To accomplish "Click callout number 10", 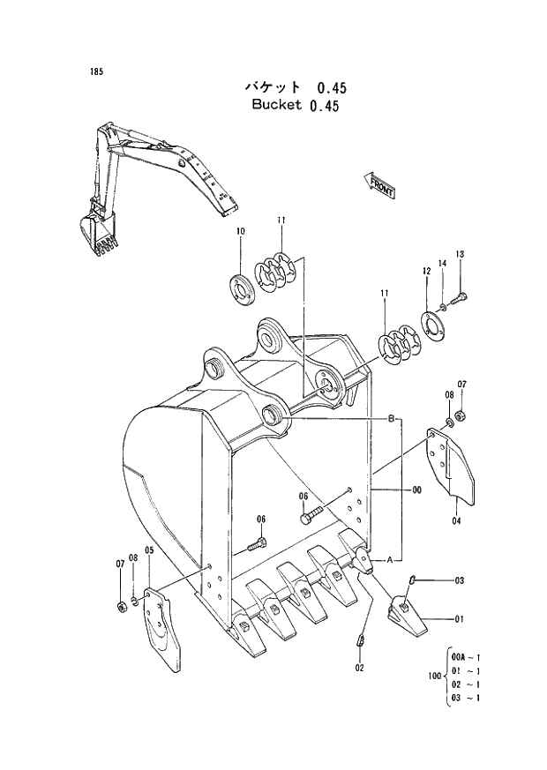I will tap(239, 232).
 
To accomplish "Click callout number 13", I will tap(460, 255).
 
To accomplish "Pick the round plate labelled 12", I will tap(433, 324).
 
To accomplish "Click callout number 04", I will tap(457, 520).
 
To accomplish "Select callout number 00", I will tap(416, 490).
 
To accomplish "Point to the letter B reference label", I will tap(390, 418).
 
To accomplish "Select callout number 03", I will tap(459, 580).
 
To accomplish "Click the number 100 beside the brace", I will tap(431, 677).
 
